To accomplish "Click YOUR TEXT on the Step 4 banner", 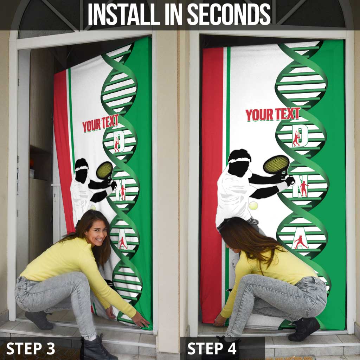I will [272, 114].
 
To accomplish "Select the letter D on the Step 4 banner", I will [303, 134].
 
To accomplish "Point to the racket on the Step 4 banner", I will [276, 165].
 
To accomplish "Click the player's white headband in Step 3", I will [82, 168].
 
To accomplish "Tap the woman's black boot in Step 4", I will [304, 329].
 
